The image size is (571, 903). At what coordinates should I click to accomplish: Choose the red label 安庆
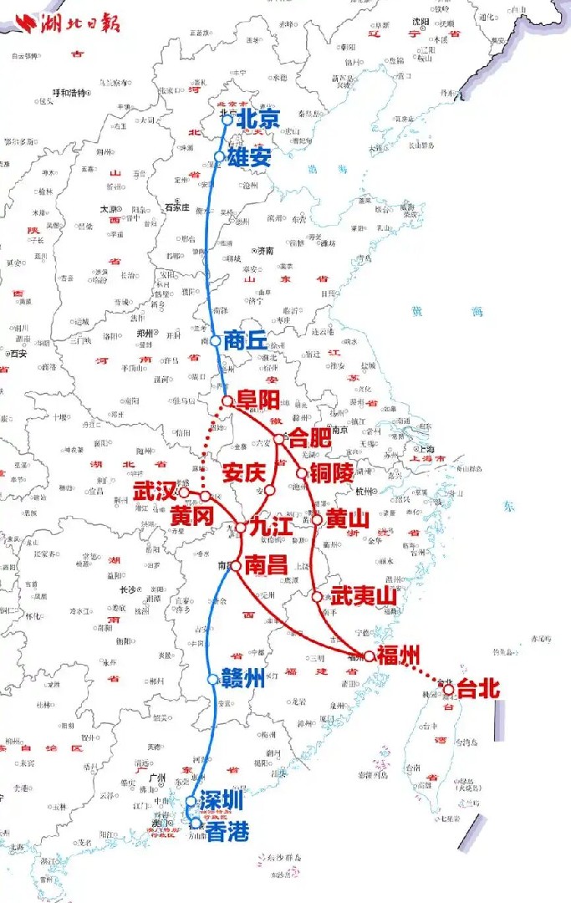click(244, 471)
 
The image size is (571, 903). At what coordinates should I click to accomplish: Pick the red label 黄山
click(347, 519)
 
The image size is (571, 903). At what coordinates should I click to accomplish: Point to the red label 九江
click(271, 528)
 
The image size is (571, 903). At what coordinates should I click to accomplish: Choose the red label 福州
click(397, 655)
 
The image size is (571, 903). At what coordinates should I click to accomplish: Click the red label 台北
click(478, 689)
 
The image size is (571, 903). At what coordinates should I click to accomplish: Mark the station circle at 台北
click(449, 689)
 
